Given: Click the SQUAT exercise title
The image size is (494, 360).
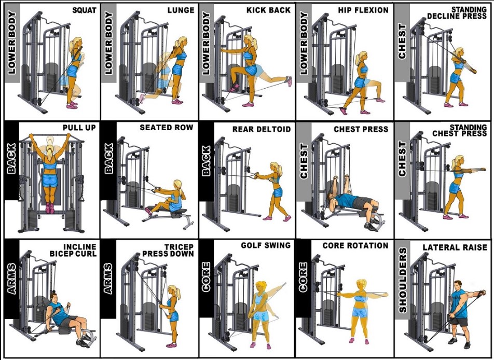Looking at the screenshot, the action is [x=84, y=10].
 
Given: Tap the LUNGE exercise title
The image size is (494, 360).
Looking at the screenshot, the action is [x=181, y=10].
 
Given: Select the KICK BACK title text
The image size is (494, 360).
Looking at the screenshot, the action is [x=268, y=10].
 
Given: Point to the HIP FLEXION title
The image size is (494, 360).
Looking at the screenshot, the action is [x=363, y=10].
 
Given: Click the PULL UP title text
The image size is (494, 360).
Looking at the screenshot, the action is [x=79, y=128].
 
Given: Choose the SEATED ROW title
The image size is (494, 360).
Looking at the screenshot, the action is [x=167, y=128].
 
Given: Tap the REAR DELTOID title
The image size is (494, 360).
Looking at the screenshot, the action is [x=262, y=129].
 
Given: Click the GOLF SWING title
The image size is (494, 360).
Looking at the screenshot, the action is [x=266, y=245].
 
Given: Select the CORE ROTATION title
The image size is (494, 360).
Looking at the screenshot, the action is [x=355, y=246].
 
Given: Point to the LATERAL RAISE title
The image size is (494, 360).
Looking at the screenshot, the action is [x=455, y=247].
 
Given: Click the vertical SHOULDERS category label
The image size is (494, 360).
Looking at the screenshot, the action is [x=403, y=280].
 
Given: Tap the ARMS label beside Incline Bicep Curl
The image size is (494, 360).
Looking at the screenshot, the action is [x=12, y=279].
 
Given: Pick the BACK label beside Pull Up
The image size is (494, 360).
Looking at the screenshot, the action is [x=11, y=158].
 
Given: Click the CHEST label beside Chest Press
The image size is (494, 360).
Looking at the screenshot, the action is [x=304, y=161].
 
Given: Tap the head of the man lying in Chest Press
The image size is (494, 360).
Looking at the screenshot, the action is [x=331, y=199].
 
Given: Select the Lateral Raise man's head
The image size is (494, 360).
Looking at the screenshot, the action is [x=458, y=286].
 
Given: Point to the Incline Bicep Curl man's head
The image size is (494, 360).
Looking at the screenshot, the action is [x=54, y=298].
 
